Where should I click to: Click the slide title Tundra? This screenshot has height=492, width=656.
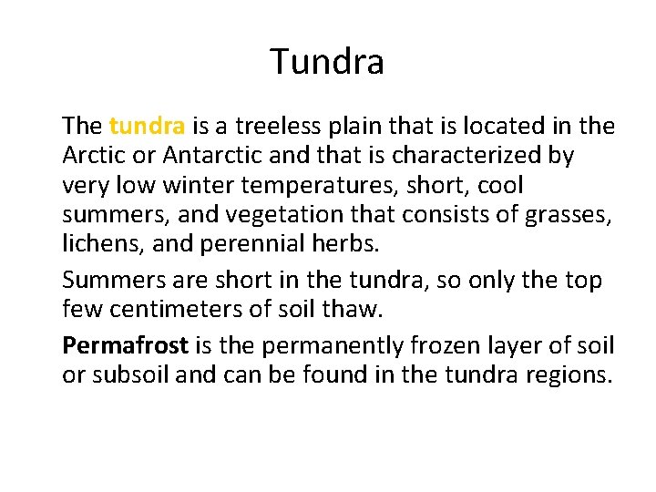(x=327, y=62)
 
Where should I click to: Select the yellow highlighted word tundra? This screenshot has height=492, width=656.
(x=148, y=126)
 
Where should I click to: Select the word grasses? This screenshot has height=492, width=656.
(x=569, y=216)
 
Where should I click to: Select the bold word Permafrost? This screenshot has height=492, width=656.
(x=125, y=346)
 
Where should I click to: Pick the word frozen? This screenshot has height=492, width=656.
(x=461, y=346)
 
